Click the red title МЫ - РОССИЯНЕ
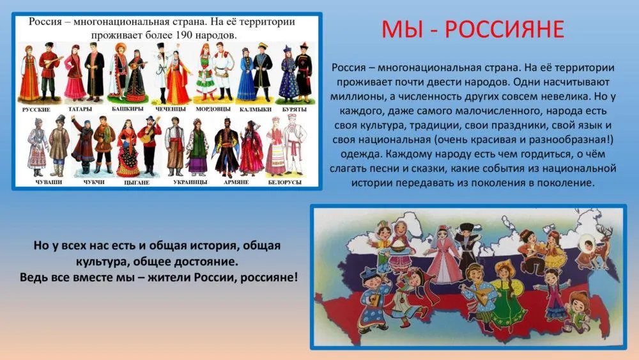coord(473,29)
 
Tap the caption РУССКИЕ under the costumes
coord(36,110)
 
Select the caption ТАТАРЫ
coord(81,109)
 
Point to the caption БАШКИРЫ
coord(128,109)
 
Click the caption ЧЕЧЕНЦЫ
coord(171,109)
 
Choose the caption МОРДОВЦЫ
coord(213,109)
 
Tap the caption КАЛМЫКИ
coord(256,110)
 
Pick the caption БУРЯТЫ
coord(294,110)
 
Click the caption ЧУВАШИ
coord(49,182)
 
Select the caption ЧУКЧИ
coord(94,182)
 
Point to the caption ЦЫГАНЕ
coord(137,183)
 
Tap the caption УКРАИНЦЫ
coord(190,182)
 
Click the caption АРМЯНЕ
coord(236,182)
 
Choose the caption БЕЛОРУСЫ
coord(284,182)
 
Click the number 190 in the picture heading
coord(183,35)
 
